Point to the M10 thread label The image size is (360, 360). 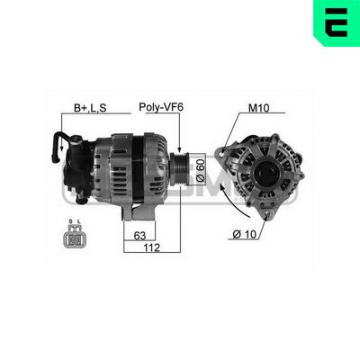click(x=259, y=108)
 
